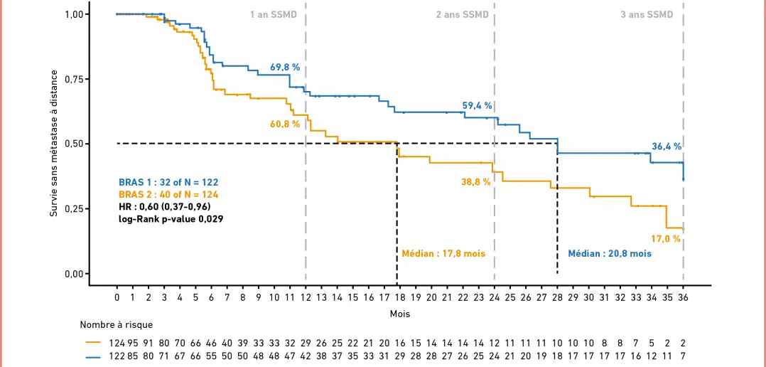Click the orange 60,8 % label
285,124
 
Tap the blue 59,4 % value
478,105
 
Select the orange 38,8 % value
476,182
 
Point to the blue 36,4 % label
667,147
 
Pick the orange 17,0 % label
667,239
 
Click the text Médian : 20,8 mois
610,253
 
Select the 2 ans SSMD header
463,15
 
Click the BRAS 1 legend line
168,182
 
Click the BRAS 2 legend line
168,194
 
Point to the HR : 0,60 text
164,206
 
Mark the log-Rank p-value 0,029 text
171,219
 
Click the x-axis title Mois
399,313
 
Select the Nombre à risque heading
116,325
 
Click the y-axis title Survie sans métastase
53,144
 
